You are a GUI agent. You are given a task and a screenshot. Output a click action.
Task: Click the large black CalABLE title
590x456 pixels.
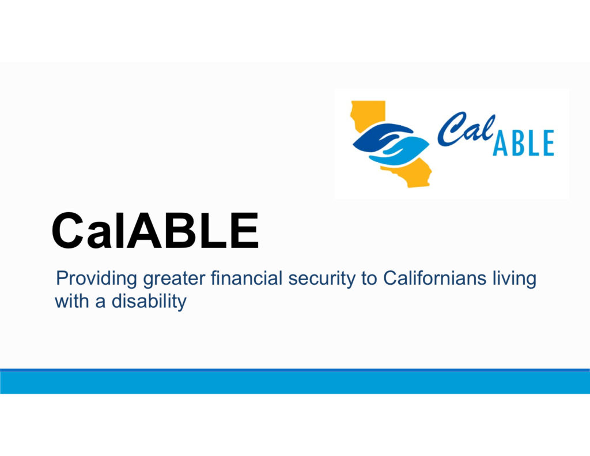(154, 229)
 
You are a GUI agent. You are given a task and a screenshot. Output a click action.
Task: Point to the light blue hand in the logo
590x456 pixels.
(403, 149)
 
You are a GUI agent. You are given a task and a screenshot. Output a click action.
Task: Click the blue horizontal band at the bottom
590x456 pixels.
(295, 382)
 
